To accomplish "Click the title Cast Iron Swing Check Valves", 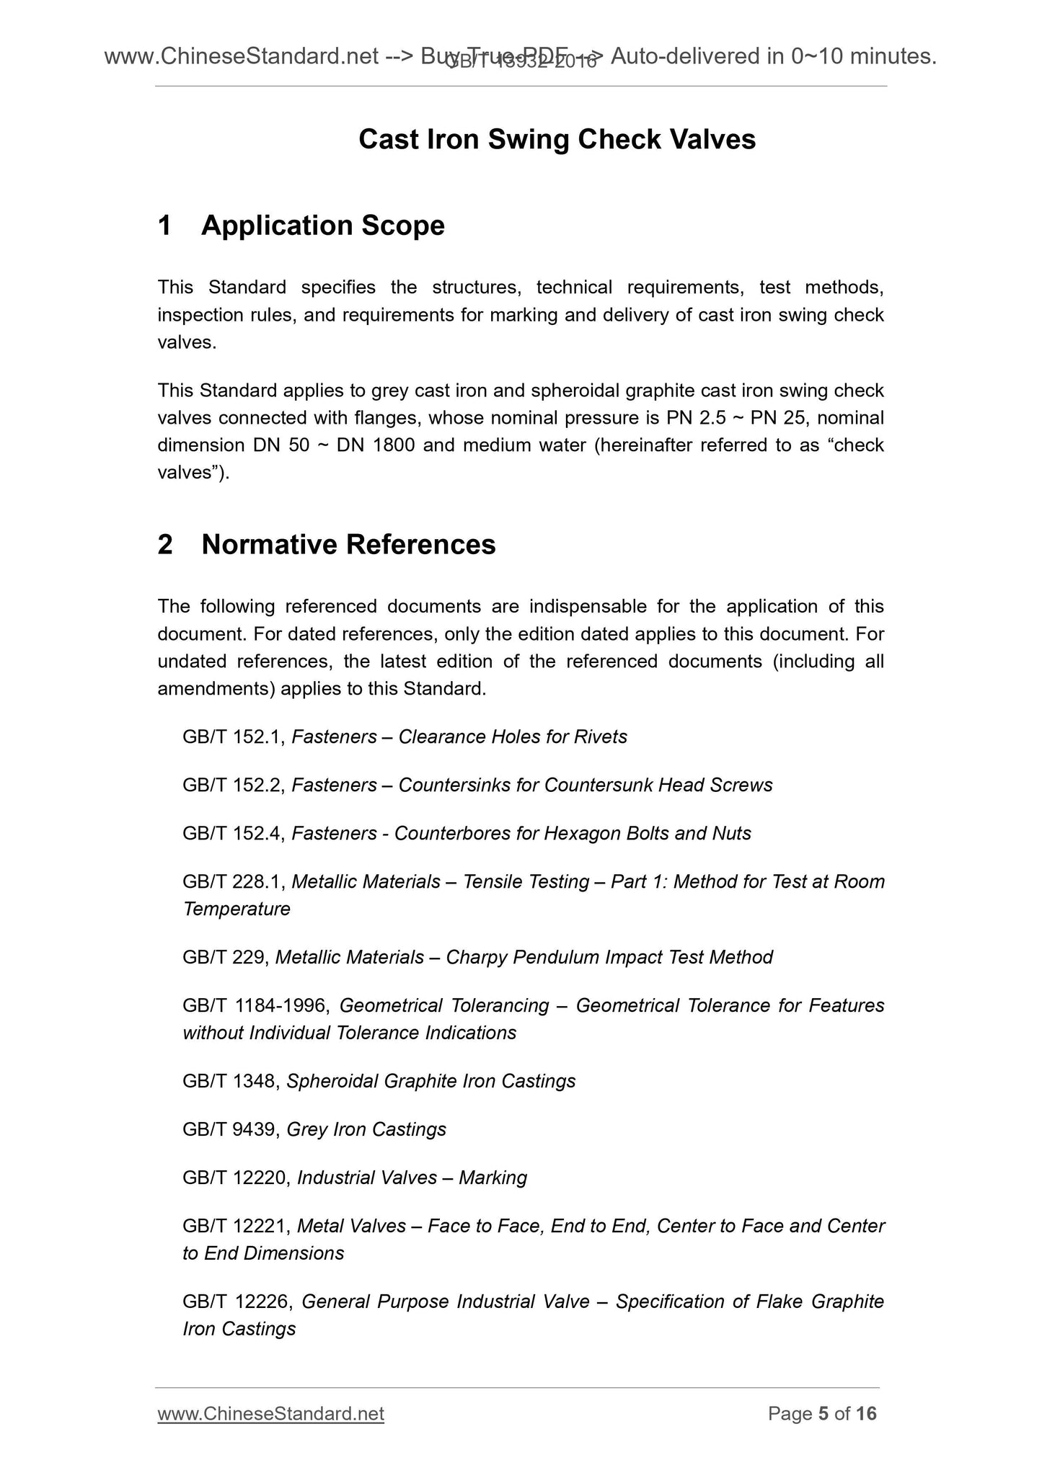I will click(557, 139).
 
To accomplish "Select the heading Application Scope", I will click(322, 226).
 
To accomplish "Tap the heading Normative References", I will click(348, 545).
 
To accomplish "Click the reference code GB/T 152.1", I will click(235, 736).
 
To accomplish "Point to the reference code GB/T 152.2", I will click(235, 785).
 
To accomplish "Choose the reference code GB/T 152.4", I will click(235, 833).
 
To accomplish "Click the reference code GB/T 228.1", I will click(235, 881).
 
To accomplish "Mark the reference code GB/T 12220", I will click(237, 1178).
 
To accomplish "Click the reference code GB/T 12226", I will click(238, 1301).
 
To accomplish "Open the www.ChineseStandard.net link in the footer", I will click(270, 1414).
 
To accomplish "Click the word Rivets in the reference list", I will click(601, 736).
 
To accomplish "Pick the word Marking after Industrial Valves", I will click(493, 1178).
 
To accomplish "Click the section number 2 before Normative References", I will click(165, 545).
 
